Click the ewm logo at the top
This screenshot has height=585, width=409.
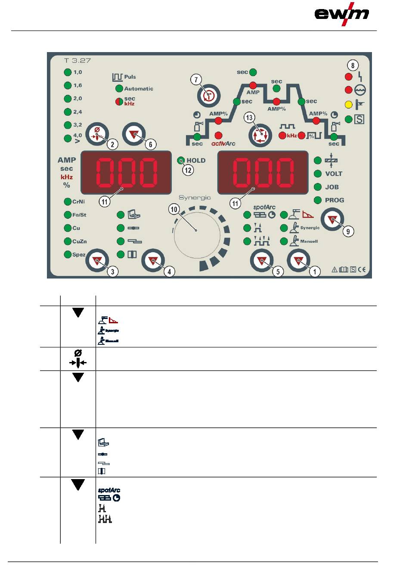coord(342,14)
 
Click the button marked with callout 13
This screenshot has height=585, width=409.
coord(260,134)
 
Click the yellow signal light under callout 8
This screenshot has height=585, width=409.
coord(349,104)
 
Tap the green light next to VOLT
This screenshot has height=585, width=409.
coord(318,173)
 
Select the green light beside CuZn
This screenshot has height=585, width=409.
coord(68,241)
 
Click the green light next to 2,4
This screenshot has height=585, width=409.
coord(68,112)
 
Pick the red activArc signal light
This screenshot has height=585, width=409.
coord(218,135)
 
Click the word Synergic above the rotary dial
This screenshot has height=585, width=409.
coord(195,198)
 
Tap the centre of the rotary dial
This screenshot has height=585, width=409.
coord(196,231)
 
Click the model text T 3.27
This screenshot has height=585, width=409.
coord(77,61)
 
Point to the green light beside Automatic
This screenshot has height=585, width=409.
coord(119,89)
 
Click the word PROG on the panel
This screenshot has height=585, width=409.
coord(335,200)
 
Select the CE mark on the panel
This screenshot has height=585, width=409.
coord(362,270)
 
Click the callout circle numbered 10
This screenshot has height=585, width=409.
coord(174,210)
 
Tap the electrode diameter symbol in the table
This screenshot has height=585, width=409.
coord(78,359)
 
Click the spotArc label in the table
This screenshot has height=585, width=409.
coord(109,490)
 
